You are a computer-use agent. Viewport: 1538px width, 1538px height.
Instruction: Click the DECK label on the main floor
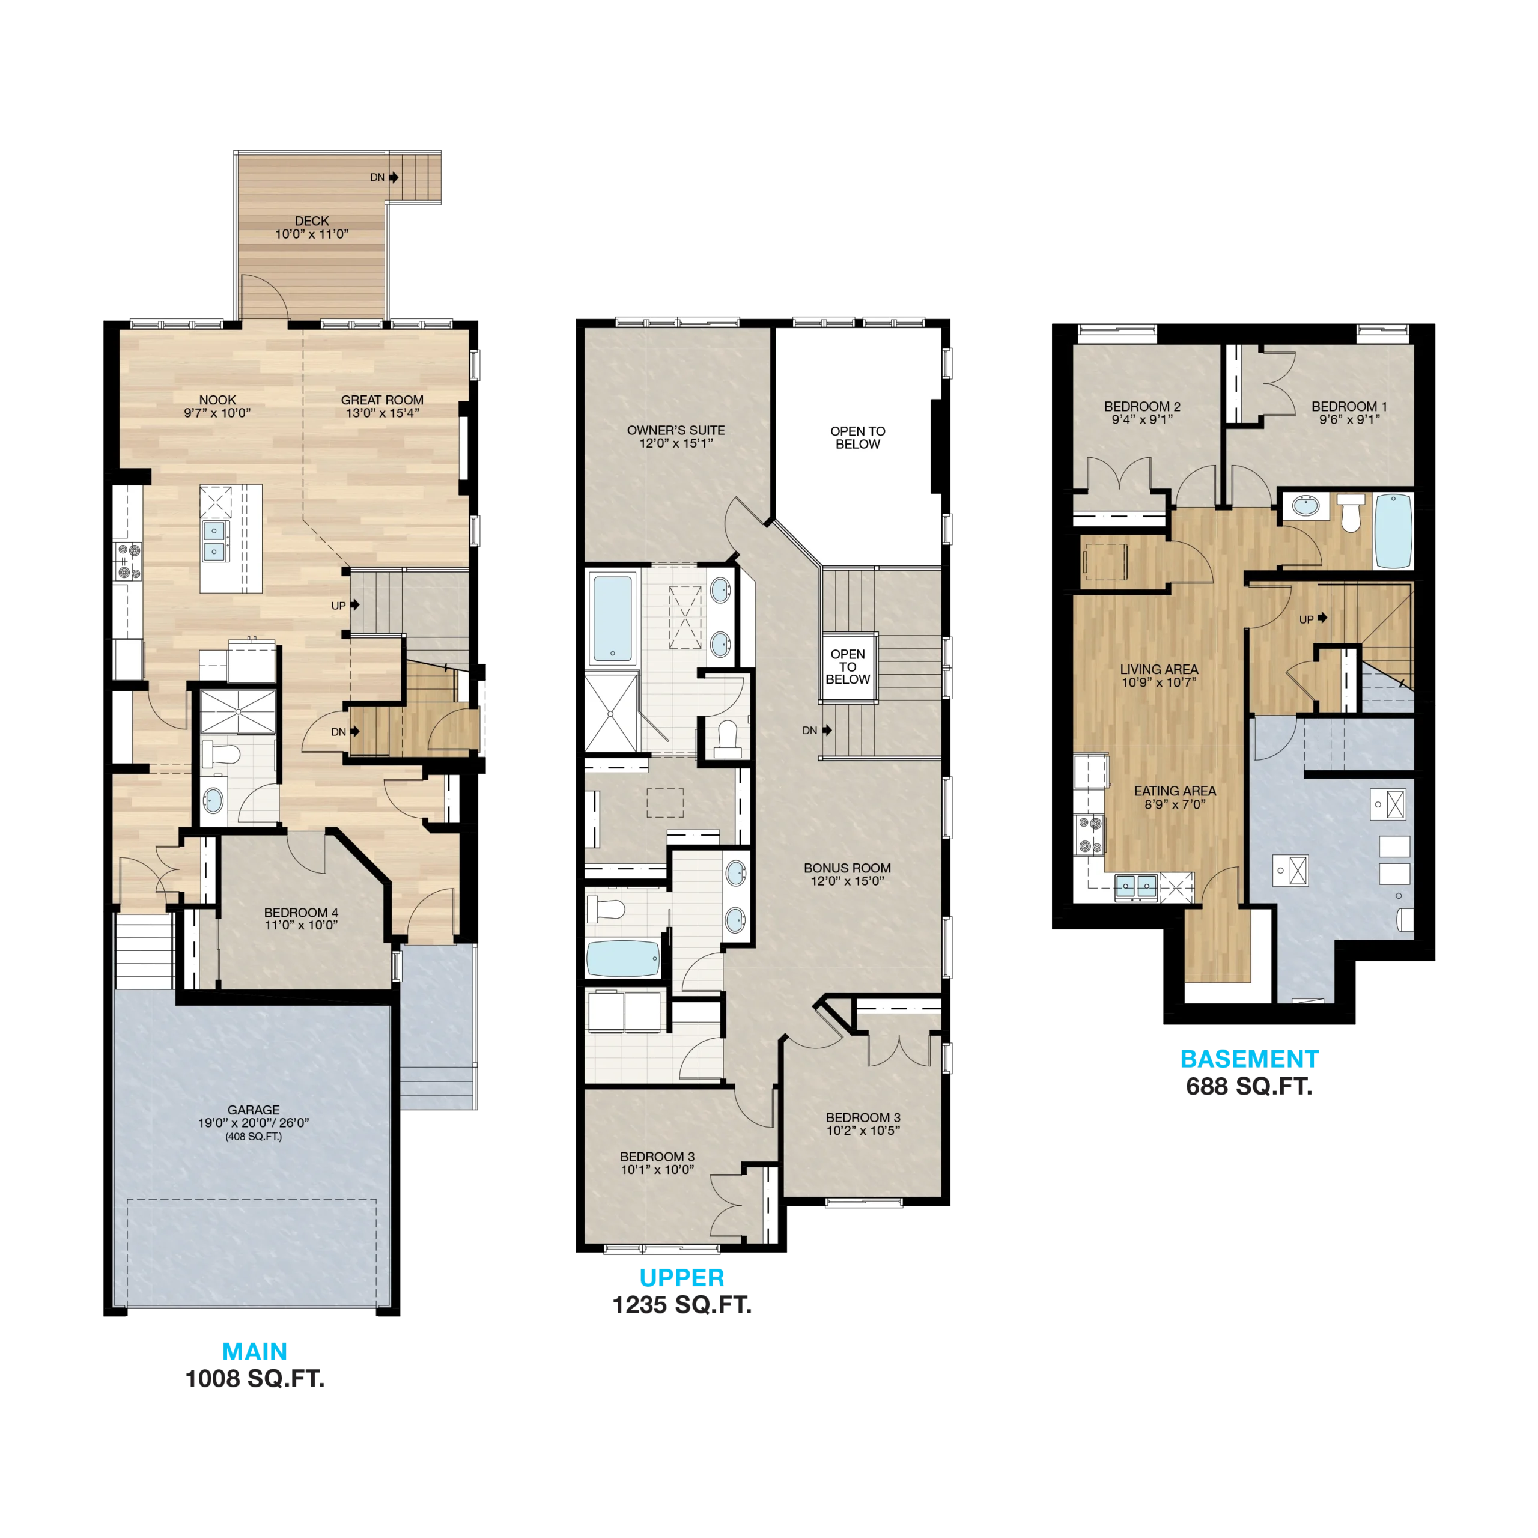click(312, 220)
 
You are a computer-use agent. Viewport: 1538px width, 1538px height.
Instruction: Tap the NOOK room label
click(217, 400)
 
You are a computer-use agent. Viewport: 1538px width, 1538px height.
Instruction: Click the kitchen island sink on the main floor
click(214, 541)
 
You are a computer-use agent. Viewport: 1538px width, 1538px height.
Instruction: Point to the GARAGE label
click(253, 1110)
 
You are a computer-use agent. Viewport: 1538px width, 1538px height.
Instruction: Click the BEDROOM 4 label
click(301, 913)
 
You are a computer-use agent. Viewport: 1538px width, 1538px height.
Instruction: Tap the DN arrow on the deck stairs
click(394, 177)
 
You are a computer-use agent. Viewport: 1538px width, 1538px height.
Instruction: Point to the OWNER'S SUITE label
click(676, 430)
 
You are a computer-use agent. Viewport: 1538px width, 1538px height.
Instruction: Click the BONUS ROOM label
click(847, 868)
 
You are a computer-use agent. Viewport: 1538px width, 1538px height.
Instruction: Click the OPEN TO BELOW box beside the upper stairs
click(848, 667)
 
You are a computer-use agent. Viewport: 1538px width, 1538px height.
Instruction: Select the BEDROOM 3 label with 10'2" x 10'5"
click(863, 1117)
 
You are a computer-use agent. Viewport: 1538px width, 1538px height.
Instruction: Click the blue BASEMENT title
click(1249, 1059)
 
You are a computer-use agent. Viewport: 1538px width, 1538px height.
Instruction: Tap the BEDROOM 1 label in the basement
click(1349, 406)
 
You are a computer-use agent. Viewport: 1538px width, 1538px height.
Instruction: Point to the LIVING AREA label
click(1159, 669)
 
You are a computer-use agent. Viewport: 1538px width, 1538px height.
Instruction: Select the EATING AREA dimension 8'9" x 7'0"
click(1175, 804)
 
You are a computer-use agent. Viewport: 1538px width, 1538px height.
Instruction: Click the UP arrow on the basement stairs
click(1322, 617)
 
